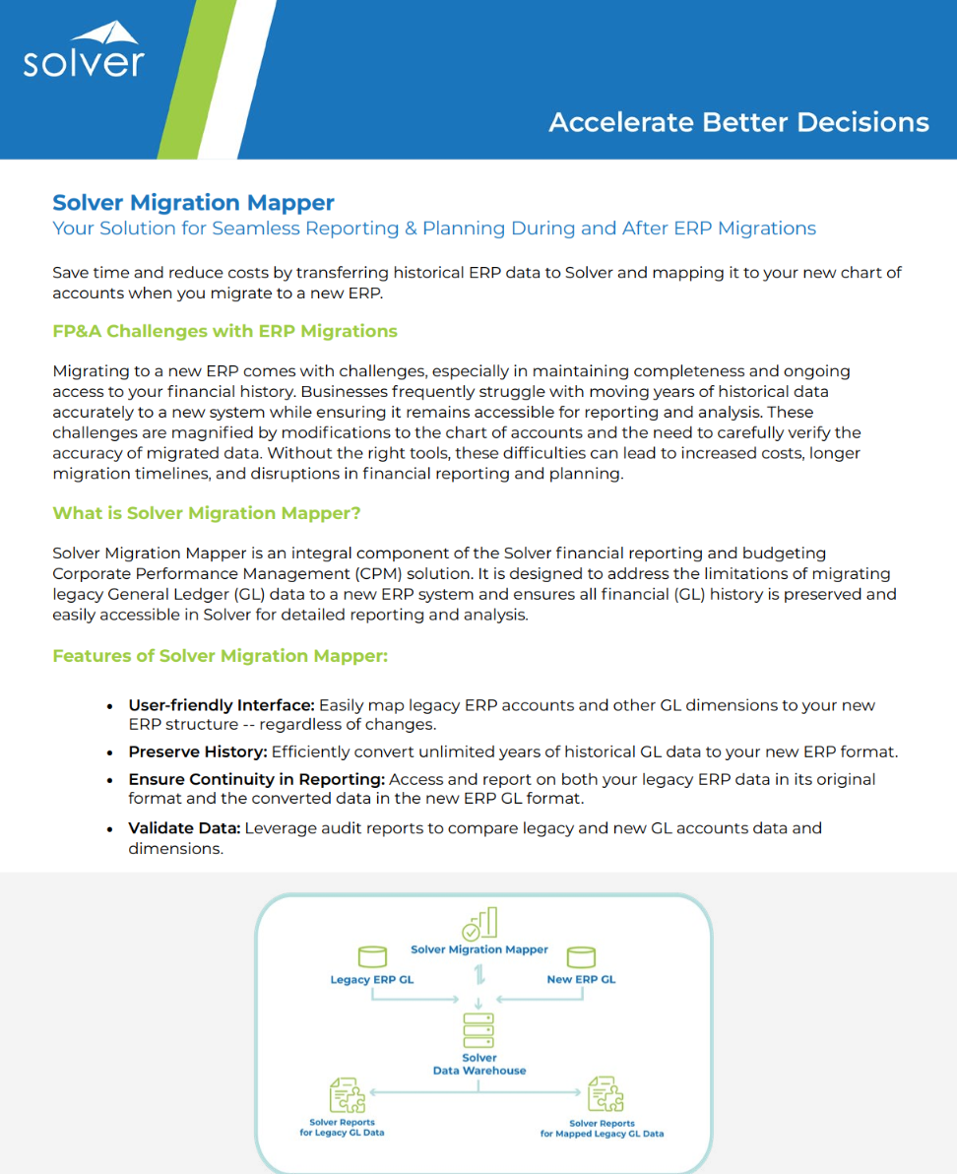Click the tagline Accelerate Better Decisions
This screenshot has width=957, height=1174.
(738, 122)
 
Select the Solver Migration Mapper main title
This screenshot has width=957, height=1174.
(193, 203)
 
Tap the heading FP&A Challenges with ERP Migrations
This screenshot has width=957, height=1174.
(224, 331)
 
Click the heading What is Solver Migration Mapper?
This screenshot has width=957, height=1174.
(207, 513)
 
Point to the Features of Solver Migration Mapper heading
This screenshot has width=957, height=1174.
(220, 656)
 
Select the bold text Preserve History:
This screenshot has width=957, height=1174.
(198, 751)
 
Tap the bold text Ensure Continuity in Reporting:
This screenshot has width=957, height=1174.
(256, 779)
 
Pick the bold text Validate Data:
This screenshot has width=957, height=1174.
(184, 828)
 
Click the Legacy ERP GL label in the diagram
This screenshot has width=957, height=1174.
(372, 980)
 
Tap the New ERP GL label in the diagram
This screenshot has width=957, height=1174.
(581, 980)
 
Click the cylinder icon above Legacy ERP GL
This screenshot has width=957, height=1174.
(372, 956)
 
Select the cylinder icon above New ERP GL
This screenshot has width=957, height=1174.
(582, 956)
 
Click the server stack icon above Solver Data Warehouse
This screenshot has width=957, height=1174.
(478, 1030)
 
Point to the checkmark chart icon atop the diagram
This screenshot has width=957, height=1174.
(479, 924)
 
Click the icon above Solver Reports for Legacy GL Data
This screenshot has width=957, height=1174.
(345, 1094)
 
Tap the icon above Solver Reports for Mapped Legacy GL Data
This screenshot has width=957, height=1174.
(605, 1094)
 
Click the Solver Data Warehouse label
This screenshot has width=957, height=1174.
(479, 1065)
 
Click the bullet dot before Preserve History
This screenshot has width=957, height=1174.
(109, 752)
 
